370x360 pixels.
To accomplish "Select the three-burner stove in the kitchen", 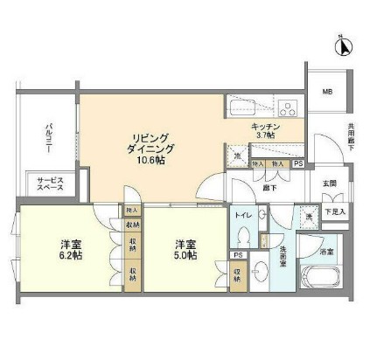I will (x=287, y=109).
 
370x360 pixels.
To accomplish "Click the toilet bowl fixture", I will (x=243, y=236).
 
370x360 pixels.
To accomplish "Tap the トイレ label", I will (x=243, y=214).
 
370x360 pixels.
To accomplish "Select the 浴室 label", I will (x=325, y=252).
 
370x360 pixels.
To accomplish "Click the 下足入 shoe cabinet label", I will (x=335, y=212).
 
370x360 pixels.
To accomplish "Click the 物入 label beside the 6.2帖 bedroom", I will (x=132, y=211).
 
